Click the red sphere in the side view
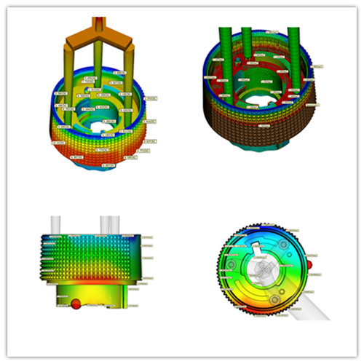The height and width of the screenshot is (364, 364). (x=75, y=304)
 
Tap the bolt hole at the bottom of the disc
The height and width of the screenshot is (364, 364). (x=275, y=298)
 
